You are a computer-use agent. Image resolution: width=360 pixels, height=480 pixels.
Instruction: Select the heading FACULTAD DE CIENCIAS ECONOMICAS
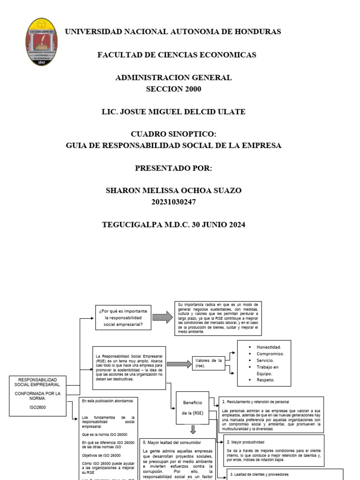177,55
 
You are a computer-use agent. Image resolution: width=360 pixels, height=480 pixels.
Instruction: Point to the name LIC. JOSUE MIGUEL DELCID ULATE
173,112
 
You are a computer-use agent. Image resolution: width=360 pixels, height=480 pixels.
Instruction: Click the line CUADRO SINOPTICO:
173,135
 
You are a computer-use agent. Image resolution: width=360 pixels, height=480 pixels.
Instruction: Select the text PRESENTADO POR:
173,168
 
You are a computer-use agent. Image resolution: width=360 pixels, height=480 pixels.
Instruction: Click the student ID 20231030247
173,202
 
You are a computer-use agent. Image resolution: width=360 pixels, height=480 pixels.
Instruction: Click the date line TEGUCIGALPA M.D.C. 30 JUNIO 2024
173,225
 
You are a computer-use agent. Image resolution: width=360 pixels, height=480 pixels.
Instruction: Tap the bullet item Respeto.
266,380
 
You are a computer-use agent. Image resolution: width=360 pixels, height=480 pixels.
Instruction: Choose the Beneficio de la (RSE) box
192,408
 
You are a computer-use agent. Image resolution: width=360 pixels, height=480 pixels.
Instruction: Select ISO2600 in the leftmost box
37,407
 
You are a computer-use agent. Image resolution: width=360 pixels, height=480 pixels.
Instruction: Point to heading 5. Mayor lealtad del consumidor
172,442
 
